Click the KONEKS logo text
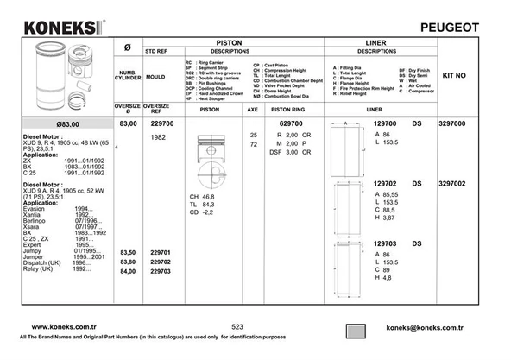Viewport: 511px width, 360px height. coord(59,28)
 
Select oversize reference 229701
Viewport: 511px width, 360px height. coord(161,252)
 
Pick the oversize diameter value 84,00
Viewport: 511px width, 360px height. coord(128,271)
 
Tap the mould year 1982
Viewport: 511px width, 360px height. coord(159,138)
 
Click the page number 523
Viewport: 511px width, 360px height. coord(237,327)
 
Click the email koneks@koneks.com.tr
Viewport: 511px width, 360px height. coord(425,328)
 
